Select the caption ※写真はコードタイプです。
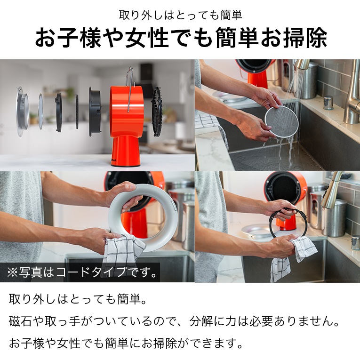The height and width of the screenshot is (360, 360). click(x=82, y=272)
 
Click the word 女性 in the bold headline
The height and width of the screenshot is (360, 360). click(x=147, y=38)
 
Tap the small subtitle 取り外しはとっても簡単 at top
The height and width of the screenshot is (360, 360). click(x=180, y=16)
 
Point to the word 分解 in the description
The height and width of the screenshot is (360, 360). click(x=200, y=321)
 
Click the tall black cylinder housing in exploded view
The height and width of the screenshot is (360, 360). click(x=95, y=112)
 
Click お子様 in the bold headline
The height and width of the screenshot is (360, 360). click(x=68, y=38)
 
